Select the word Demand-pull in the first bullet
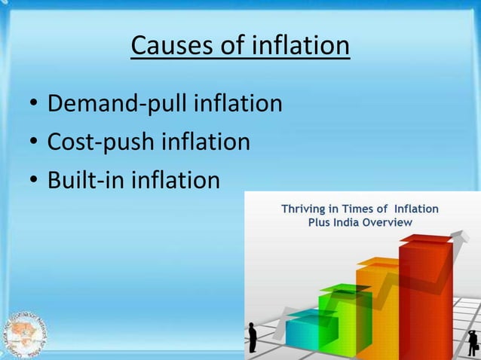(118, 104)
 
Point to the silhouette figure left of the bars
(253, 335)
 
